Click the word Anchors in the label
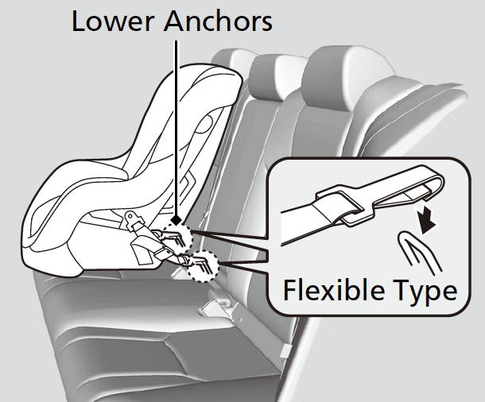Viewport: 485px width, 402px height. [x=217, y=21]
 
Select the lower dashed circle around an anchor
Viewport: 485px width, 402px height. [x=203, y=265]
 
